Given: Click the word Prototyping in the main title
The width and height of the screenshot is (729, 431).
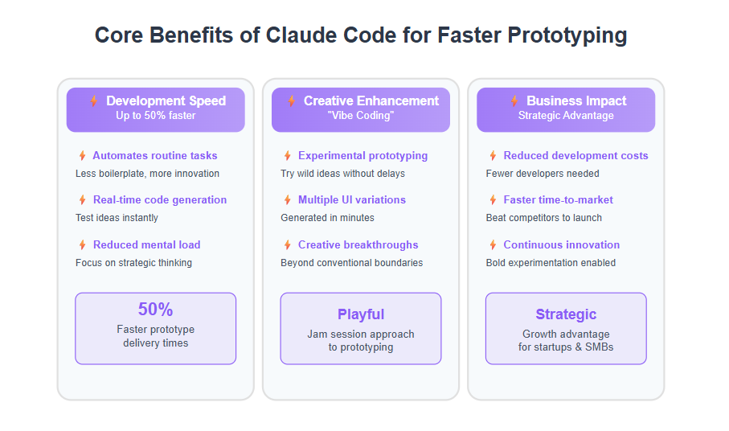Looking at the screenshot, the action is click(x=567, y=36).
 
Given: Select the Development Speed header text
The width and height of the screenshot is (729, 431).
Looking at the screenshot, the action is click(x=166, y=101).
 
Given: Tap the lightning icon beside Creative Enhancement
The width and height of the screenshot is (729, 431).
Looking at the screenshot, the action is click(x=292, y=101).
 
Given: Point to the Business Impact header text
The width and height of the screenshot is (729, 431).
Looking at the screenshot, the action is click(x=576, y=101).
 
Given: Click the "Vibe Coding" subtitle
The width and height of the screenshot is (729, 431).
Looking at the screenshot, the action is click(x=361, y=116).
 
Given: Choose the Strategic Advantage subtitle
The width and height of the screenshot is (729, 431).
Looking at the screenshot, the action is click(x=566, y=116).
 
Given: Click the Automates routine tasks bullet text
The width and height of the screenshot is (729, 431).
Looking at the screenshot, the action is click(x=155, y=156).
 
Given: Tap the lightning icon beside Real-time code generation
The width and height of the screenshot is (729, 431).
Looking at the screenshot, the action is click(x=82, y=200).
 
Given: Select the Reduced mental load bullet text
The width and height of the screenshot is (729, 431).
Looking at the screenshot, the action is click(x=147, y=245).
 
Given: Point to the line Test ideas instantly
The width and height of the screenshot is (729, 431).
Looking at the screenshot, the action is click(x=117, y=218).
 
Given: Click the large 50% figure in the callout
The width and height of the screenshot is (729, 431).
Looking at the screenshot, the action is click(x=155, y=310).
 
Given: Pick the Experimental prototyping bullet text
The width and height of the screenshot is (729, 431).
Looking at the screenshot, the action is click(x=362, y=156).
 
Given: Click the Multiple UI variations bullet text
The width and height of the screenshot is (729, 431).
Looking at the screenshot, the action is click(x=352, y=200).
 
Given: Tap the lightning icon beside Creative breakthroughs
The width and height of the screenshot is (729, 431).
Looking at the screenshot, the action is click(x=287, y=245).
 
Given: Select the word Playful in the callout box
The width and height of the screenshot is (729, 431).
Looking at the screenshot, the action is click(x=361, y=314).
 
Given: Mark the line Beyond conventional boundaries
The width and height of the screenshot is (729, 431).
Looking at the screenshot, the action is click(x=351, y=263).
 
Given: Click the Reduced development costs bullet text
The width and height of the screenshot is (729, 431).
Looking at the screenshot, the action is click(x=575, y=156).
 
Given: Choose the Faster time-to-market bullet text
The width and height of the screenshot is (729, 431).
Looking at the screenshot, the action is click(x=558, y=200).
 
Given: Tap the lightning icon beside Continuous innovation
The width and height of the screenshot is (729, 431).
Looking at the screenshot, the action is click(x=493, y=245).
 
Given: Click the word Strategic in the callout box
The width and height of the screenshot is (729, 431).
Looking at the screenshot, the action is click(x=566, y=314).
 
